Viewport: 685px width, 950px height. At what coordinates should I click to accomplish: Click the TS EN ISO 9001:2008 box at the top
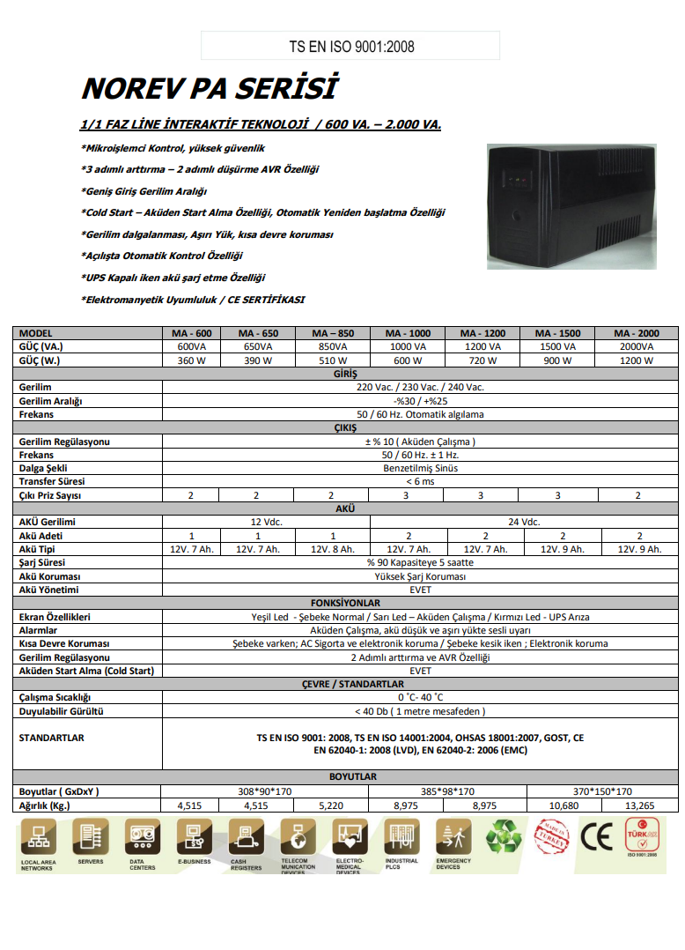click(x=350, y=46)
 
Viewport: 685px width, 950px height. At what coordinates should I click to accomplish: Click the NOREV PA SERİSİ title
click(x=209, y=88)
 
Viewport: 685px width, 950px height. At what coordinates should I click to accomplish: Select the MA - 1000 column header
click(x=408, y=333)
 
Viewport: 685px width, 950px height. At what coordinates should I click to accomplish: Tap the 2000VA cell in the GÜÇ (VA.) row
click(x=637, y=346)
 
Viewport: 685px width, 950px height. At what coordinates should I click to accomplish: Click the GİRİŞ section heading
click(x=345, y=374)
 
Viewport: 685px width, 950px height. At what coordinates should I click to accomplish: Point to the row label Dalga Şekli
click(x=43, y=468)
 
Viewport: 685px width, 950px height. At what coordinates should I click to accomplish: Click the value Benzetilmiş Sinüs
click(x=420, y=468)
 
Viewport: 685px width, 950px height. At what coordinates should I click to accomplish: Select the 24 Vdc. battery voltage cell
click(x=524, y=522)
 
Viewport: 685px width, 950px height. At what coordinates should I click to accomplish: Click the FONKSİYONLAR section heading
click(x=345, y=603)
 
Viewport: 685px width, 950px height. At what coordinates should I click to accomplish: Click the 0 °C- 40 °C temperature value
click(x=420, y=697)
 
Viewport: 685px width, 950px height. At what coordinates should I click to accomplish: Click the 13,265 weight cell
click(x=639, y=805)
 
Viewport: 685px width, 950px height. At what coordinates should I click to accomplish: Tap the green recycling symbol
click(x=505, y=836)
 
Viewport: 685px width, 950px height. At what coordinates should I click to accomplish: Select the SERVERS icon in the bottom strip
click(x=90, y=836)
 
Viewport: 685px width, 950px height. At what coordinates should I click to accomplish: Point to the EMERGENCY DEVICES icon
click(x=453, y=836)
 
